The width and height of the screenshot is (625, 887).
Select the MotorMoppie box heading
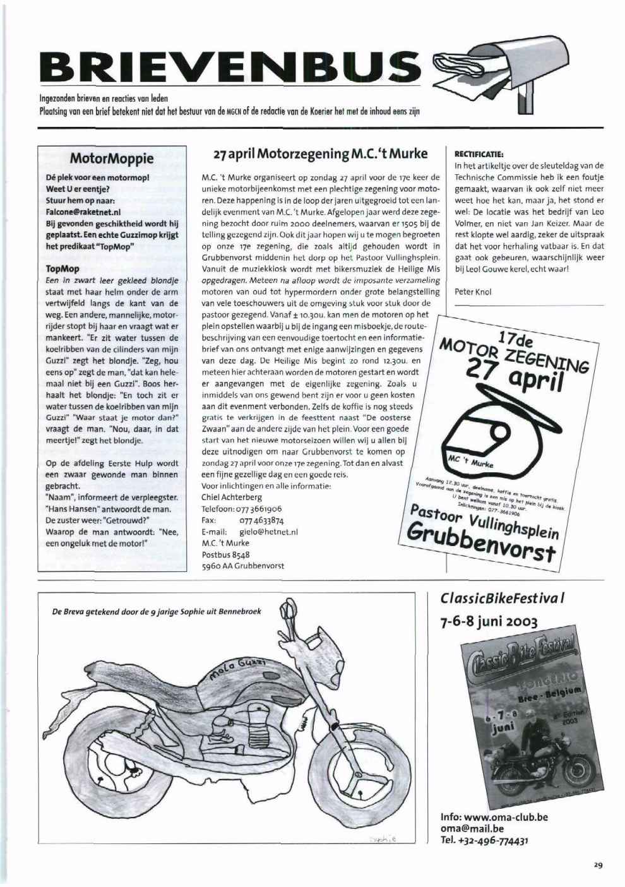click(112, 158)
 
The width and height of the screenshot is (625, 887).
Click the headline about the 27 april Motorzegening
click(320, 154)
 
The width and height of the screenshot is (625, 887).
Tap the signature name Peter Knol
click(473, 292)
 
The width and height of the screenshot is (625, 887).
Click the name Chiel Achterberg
click(231, 497)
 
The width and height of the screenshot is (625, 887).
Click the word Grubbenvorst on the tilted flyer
click(480, 543)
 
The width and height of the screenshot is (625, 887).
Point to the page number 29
click(597, 866)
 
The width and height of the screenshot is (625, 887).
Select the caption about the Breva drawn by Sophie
click(157, 610)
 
